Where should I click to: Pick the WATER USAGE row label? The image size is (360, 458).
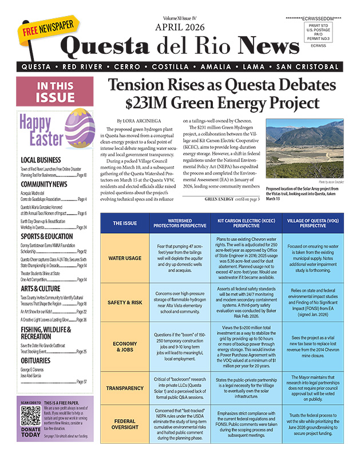125,258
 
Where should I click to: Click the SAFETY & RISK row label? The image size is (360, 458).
125,302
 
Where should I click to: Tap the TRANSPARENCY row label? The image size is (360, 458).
125,388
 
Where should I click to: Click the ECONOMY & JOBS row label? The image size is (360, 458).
125,345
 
